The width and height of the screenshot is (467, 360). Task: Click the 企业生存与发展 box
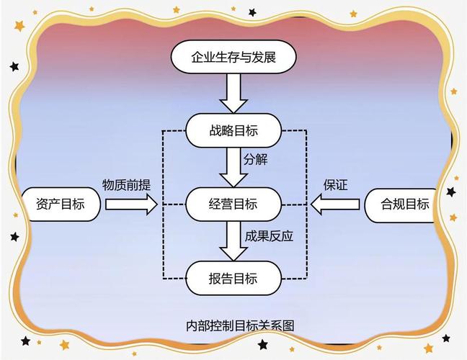pos(233,55)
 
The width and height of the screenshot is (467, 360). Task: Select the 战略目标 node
pos(233,130)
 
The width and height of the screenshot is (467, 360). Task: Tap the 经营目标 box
pos(233,204)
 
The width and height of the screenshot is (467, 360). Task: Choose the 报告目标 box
pos(233,278)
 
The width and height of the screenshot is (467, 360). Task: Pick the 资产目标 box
pos(59,204)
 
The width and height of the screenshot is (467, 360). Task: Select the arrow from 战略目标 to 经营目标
pos(233,166)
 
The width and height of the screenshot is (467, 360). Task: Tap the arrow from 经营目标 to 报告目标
pos(233,241)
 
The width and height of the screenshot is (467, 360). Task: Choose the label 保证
pos(335,185)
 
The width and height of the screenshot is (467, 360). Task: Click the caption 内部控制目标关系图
pos(233,325)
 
